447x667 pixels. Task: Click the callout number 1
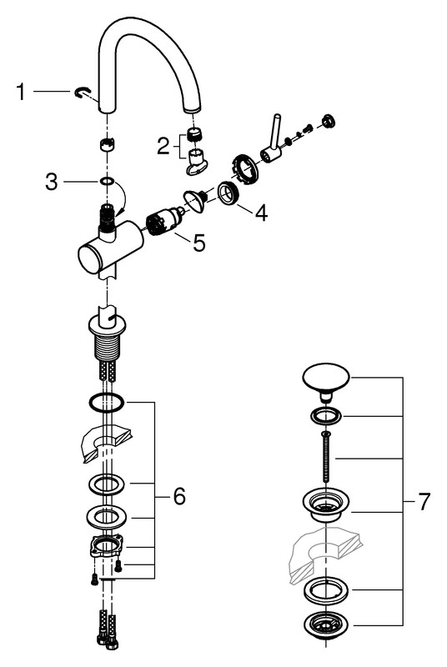(x=20, y=92)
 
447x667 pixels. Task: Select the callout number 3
(x=52, y=182)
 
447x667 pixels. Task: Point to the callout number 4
(x=261, y=213)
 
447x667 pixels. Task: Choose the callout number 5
(x=199, y=243)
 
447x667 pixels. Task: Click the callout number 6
(x=179, y=495)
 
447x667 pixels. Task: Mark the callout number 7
(x=424, y=502)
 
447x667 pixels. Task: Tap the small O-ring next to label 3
(x=107, y=182)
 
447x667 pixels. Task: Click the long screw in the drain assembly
(x=325, y=455)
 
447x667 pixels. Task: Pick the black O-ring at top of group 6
(x=106, y=402)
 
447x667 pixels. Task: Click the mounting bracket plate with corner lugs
(x=106, y=545)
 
